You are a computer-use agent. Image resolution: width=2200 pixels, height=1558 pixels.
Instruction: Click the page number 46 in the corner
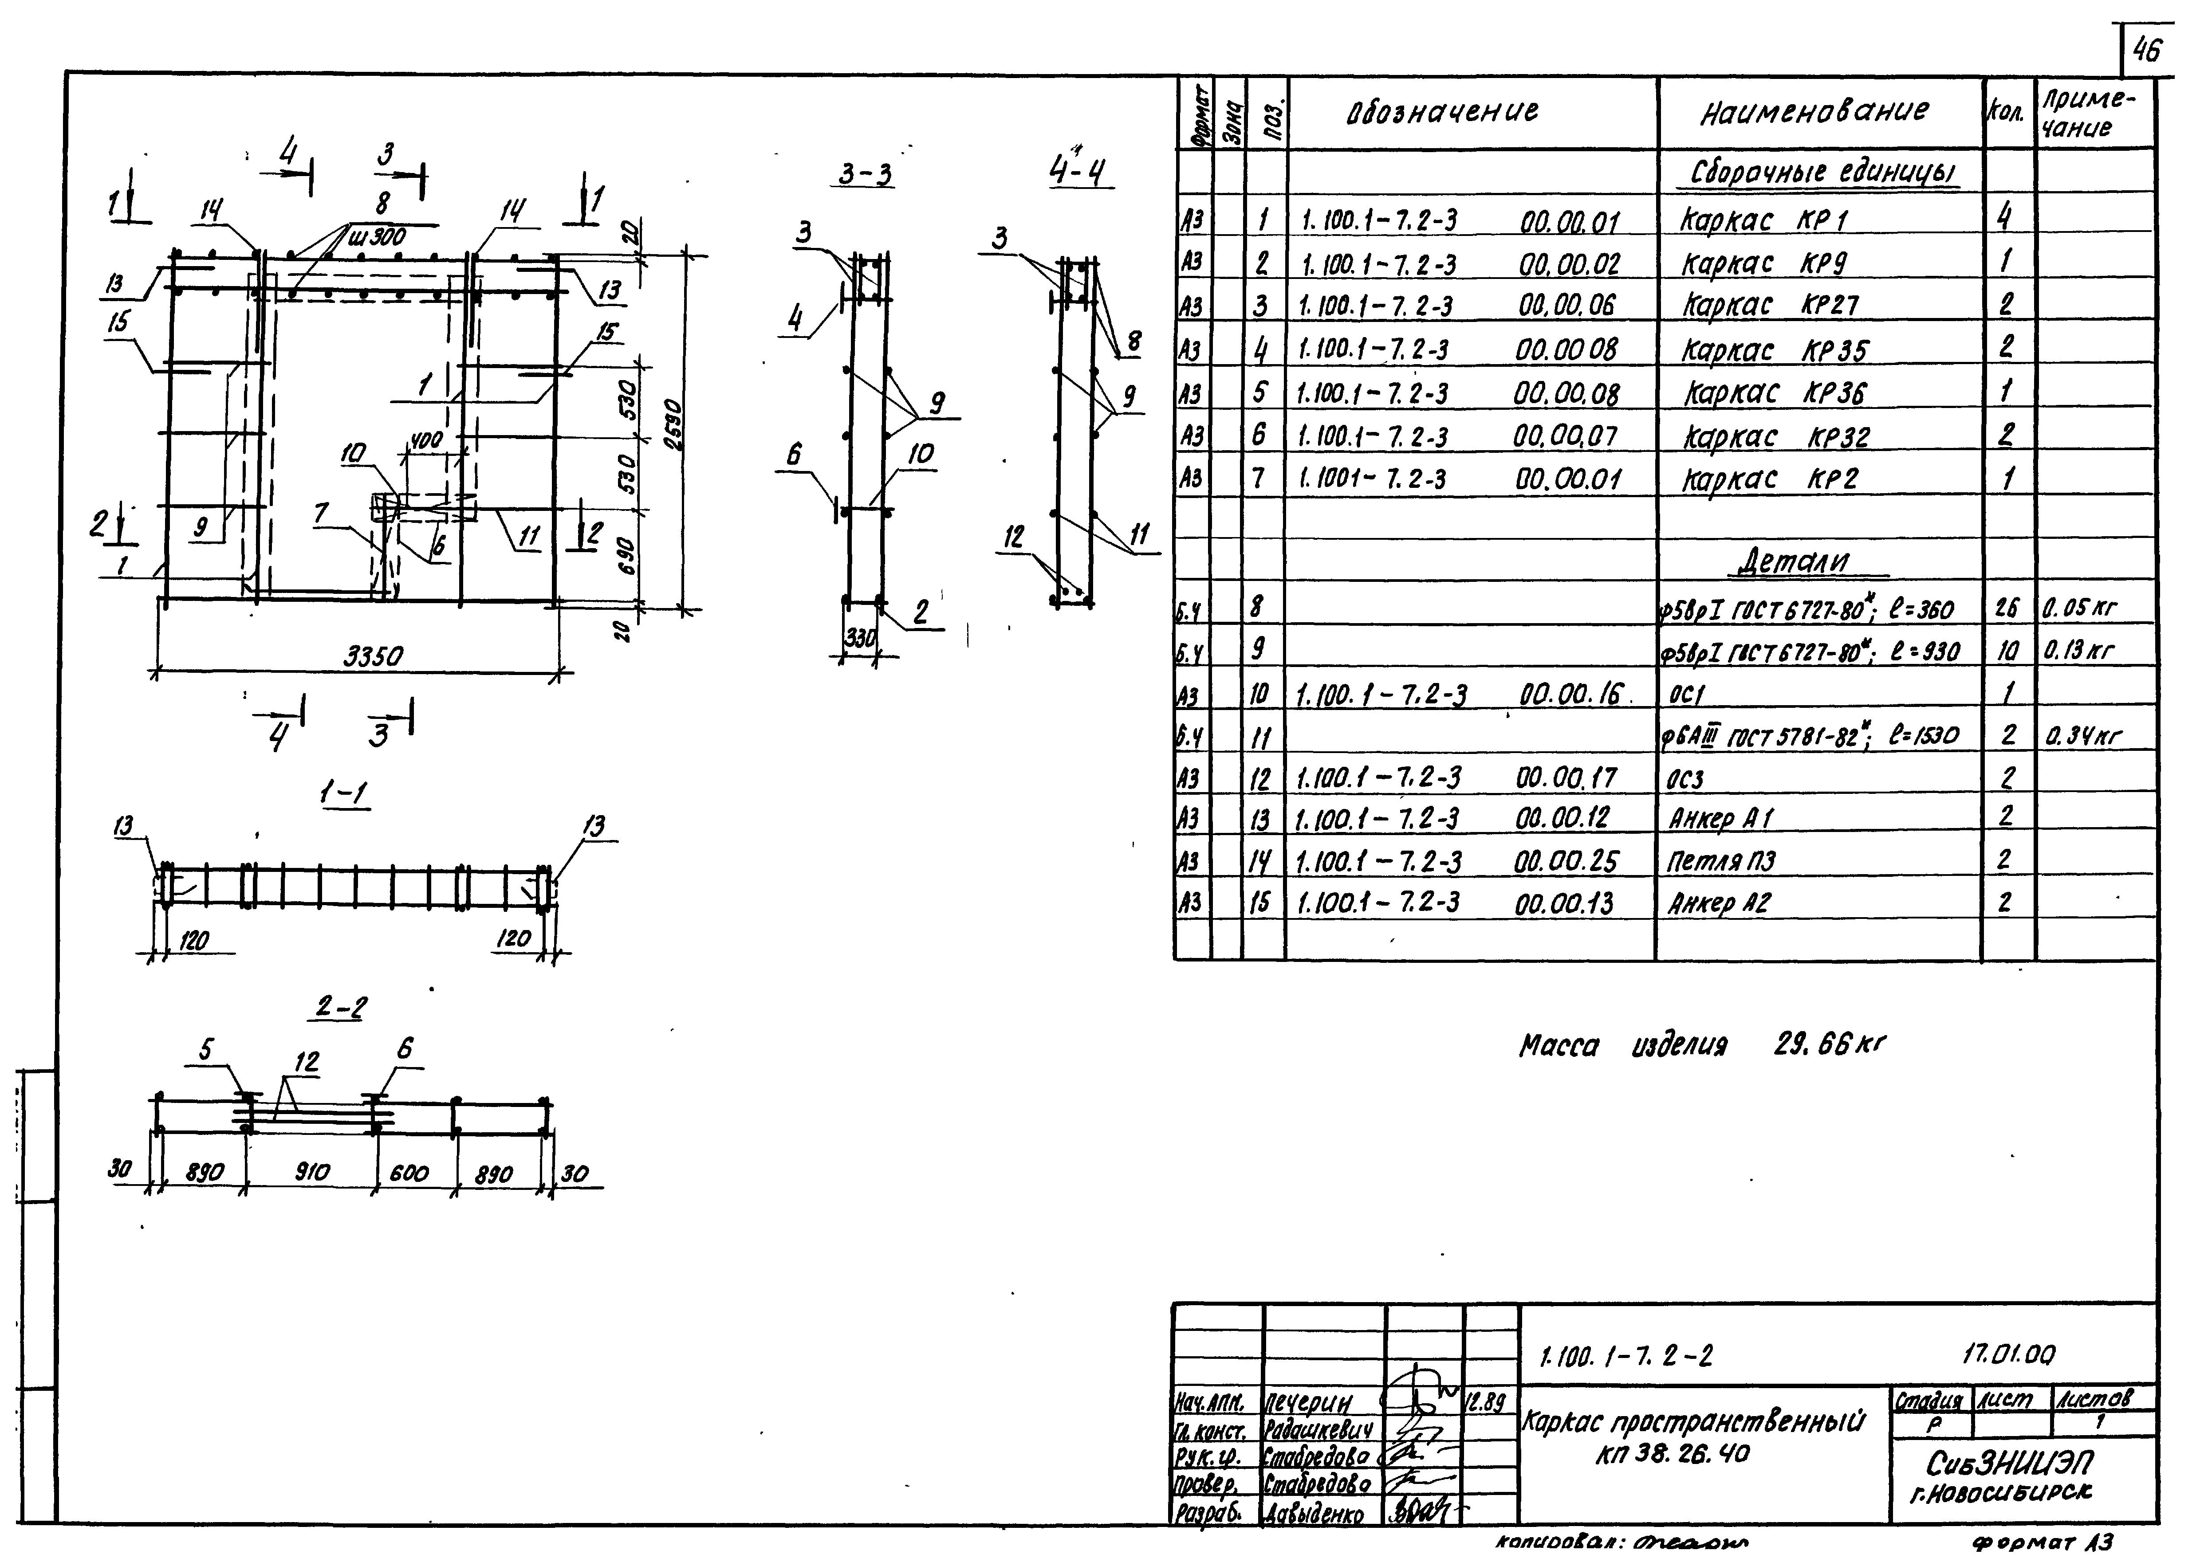point(2146,50)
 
